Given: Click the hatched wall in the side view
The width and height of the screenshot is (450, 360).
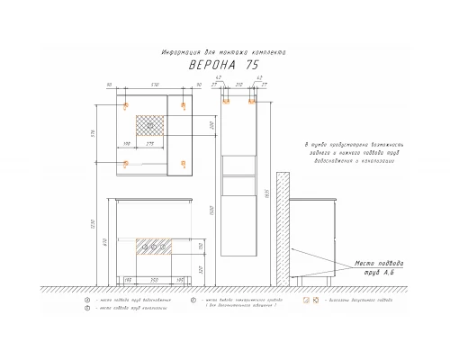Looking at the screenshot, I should tap(283, 226).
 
